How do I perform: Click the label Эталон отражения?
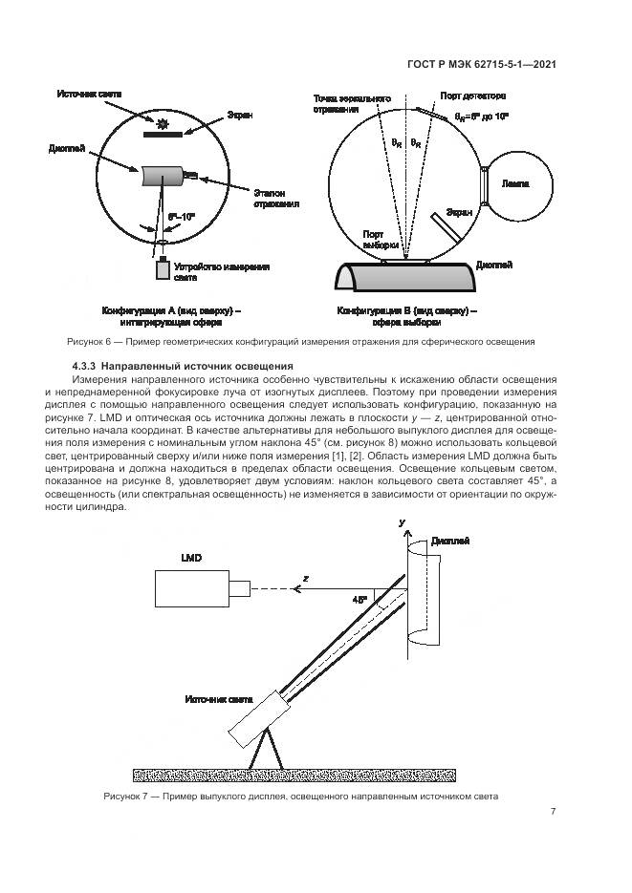point(276,198)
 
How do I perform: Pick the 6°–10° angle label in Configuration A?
point(181,218)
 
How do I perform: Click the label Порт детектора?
point(473,96)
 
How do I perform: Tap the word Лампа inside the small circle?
point(515,182)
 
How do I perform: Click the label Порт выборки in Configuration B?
point(374,239)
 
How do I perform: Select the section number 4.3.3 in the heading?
point(88,367)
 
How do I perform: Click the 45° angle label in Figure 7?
point(360,600)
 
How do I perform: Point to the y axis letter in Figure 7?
point(403,523)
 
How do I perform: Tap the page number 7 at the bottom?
point(554,812)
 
